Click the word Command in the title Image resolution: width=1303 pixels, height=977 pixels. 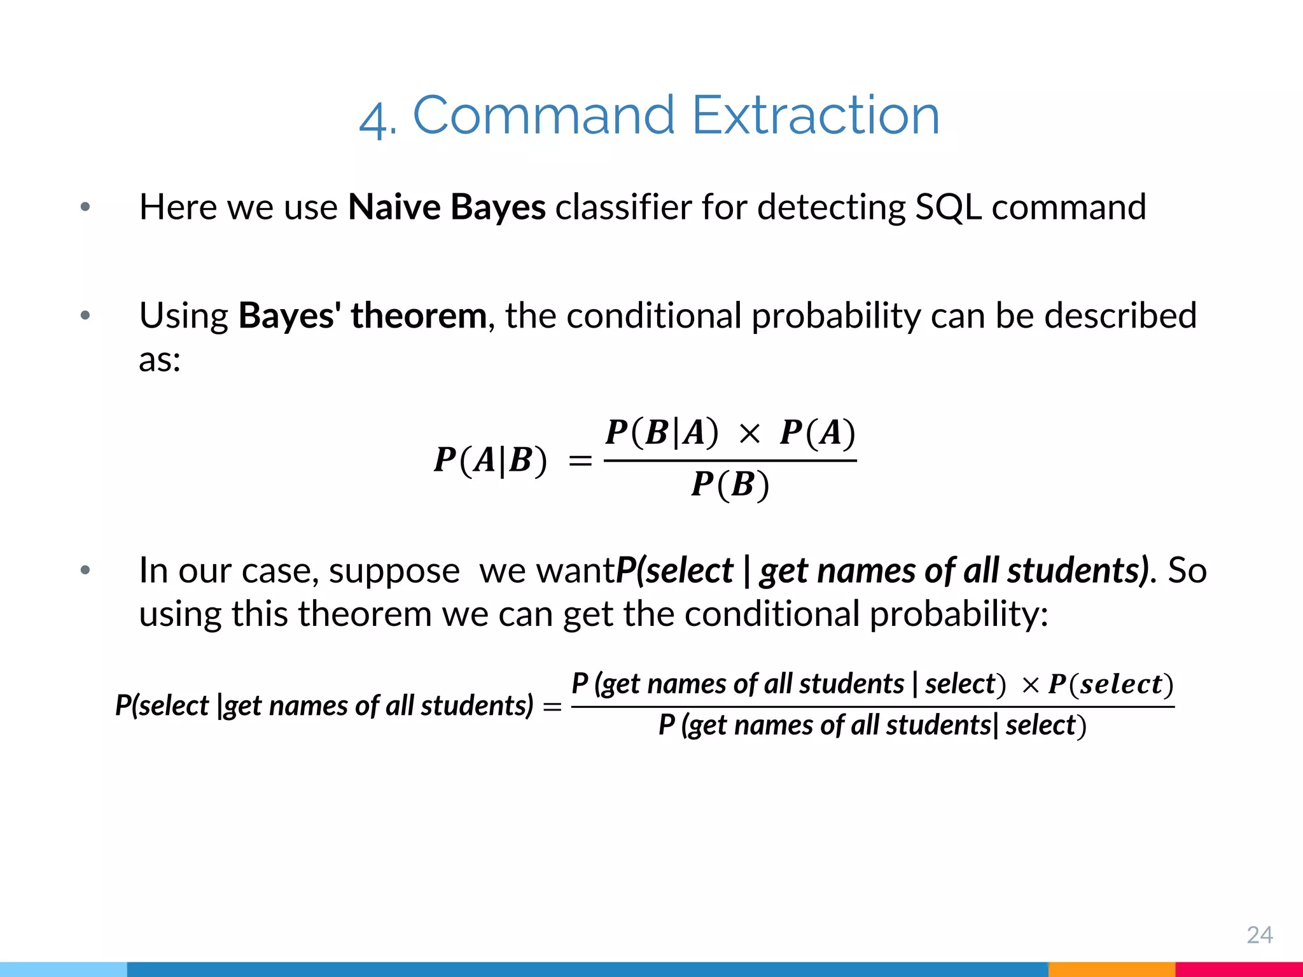click(x=543, y=116)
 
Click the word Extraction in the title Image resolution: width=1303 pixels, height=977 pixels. click(x=815, y=116)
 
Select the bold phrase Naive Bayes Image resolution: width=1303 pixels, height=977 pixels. click(x=447, y=207)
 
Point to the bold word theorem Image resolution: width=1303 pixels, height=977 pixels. click(x=419, y=315)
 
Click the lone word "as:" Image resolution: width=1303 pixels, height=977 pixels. click(x=160, y=360)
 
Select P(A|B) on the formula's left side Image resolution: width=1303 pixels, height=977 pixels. click(x=490, y=461)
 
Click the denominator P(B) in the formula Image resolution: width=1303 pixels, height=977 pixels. click(x=730, y=485)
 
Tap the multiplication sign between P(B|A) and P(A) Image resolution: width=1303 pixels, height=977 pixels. click(x=749, y=434)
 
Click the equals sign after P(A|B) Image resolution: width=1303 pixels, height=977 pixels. click(x=580, y=461)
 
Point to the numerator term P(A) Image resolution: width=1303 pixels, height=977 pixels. click(x=818, y=433)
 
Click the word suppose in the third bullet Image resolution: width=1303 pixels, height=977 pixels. click(x=394, y=571)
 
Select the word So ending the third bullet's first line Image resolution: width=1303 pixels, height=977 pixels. click(x=1187, y=571)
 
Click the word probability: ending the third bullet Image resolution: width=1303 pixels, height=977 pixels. click(x=959, y=614)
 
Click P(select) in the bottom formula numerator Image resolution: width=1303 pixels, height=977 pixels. click(x=1111, y=684)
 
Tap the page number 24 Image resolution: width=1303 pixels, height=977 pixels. click(x=1259, y=935)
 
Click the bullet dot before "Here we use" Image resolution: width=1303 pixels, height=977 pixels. click(x=85, y=207)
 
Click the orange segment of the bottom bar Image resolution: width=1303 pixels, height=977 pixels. click(x=1111, y=969)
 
